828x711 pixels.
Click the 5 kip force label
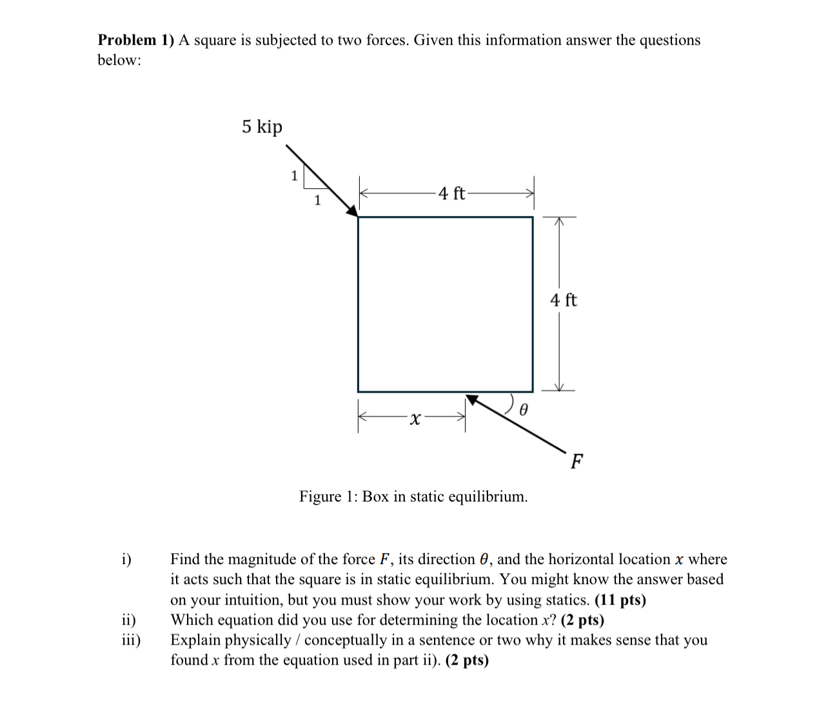coord(262,126)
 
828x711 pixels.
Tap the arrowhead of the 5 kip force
coord(352,210)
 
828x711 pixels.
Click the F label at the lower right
coord(577,462)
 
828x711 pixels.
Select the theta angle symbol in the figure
coord(524,409)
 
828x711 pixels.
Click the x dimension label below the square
coord(415,420)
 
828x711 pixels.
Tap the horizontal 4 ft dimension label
coord(451,193)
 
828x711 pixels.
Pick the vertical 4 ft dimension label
coord(564,300)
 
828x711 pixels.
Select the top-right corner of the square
coord(533,217)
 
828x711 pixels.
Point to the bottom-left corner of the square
coord(358,391)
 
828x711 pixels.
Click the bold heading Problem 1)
coord(136,40)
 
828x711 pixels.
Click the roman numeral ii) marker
coord(129,620)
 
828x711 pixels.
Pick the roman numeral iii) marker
coord(132,640)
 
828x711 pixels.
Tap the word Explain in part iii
coord(195,640)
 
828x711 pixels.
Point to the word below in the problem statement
coord(119,61)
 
